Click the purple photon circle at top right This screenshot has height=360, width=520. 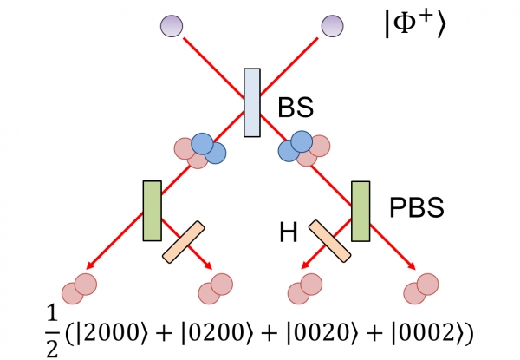334,27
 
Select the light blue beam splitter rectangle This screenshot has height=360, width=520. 251,103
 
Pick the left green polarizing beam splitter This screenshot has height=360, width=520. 151,209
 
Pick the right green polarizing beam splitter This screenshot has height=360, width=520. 361,209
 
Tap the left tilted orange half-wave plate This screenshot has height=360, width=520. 183,242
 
